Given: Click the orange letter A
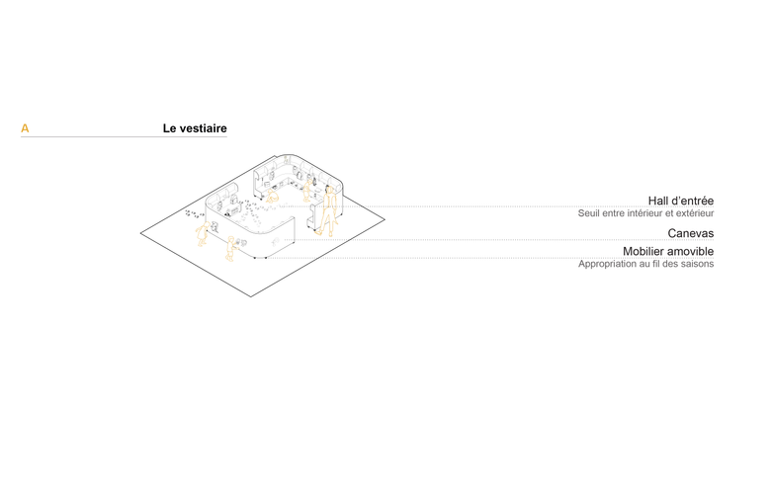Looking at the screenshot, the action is coord(25,128).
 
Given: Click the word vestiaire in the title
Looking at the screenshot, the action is coord(204,128).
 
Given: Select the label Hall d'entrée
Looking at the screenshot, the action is coord(680,201).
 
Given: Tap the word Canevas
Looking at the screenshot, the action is coord(690,233).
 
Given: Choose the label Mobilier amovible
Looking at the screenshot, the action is coord(667,252).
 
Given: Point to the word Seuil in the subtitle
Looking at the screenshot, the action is coord(590,213).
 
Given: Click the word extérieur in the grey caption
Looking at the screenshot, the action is coord(693,213).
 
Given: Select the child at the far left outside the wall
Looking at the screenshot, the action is coord(202,234).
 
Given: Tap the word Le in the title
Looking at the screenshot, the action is coord(170,128).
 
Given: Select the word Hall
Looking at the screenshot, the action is coord(659,201).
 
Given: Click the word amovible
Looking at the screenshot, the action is coord(694,252).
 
